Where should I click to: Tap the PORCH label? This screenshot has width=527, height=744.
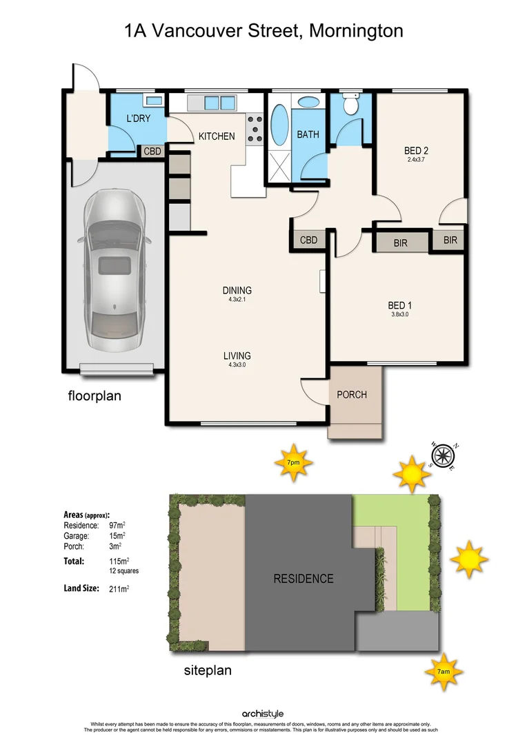pos(351,395)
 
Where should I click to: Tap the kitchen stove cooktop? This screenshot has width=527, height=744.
pos(255,128)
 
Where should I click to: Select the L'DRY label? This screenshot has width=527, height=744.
pos(138,119)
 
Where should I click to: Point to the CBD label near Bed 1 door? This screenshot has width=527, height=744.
pos(308,240)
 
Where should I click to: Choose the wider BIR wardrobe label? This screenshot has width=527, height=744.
pos(401,242)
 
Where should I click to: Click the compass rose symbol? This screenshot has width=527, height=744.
pos(443,455)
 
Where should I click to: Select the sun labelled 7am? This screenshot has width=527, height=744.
pos(442,670)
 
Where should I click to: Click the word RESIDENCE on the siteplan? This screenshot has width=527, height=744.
pos(303,579)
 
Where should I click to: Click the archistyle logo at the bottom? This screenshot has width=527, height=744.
pos(263,714)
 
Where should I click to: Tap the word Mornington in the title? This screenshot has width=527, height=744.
pos(357,30)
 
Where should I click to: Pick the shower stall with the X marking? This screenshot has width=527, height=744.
pos(279,165)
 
